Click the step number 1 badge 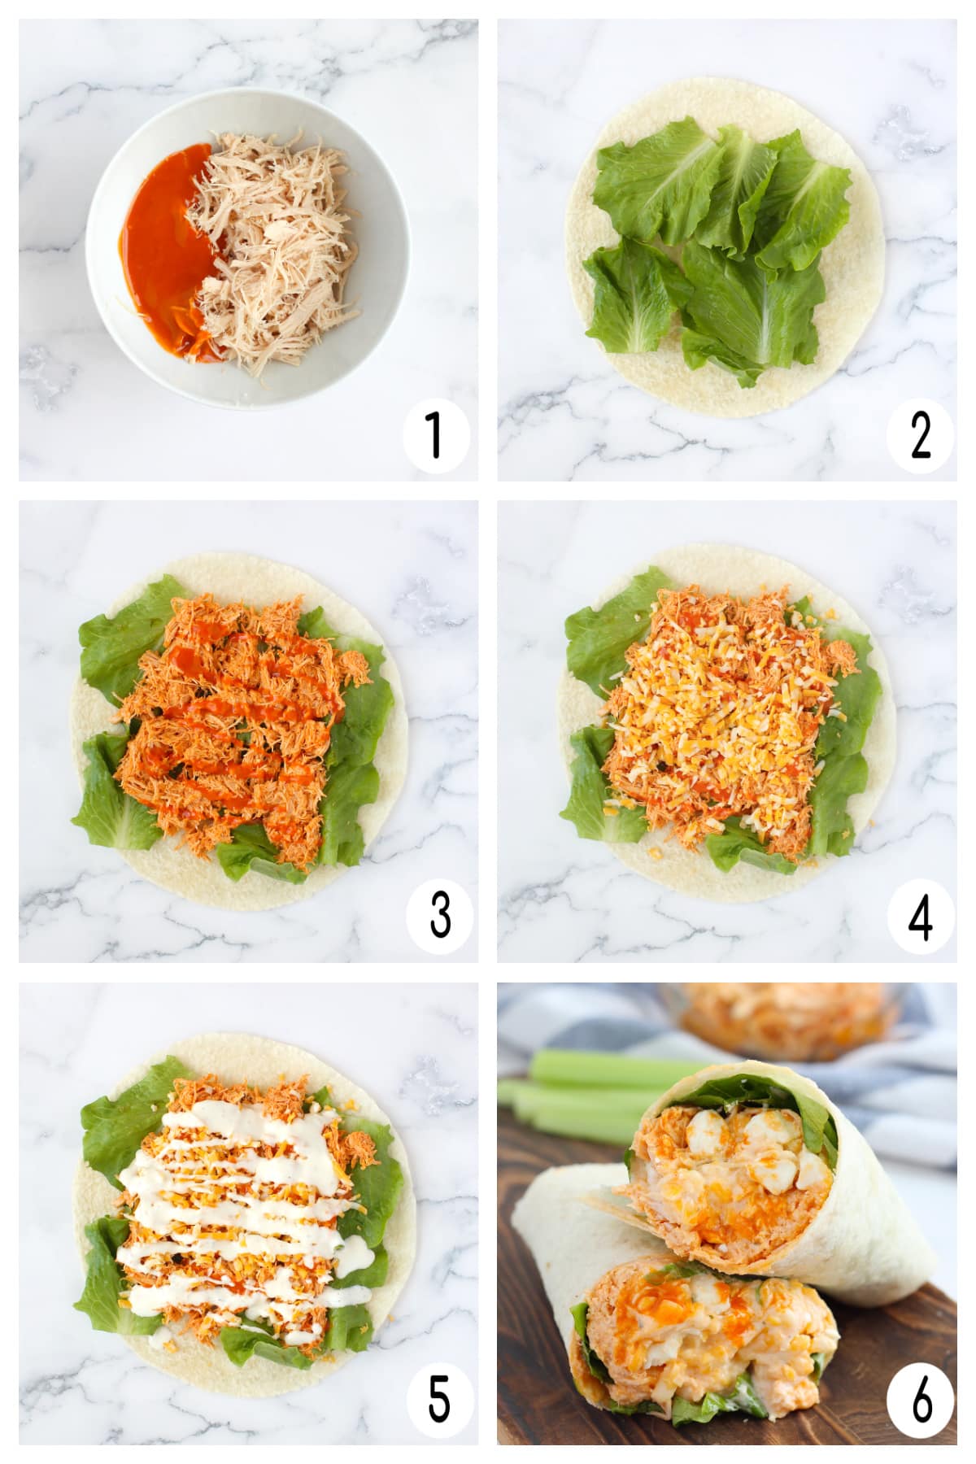pyautogui.click(x=435, y=436)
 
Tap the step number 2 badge pyautogui.click(x=920, y=436)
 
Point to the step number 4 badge pyautogui.click(x=920, y=917)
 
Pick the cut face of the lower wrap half pyautogui.click(x=708, y=1334)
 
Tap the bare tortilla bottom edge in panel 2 pyautogui.click(x=716, y=399)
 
